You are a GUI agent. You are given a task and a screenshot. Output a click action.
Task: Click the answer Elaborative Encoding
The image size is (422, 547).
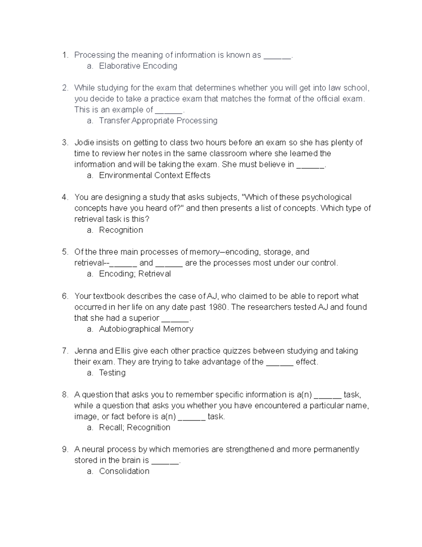click(138, 66)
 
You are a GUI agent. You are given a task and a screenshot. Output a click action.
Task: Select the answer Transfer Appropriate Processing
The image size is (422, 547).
click(158, 120)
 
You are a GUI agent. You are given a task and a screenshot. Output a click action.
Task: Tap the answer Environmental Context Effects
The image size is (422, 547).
click(154, 175)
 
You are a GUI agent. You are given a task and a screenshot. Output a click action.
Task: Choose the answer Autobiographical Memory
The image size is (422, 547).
click(146, 329)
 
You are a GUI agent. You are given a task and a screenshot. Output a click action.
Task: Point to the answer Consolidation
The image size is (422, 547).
click(124, 471)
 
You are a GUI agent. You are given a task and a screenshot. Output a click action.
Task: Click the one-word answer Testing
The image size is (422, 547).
click(112, 372)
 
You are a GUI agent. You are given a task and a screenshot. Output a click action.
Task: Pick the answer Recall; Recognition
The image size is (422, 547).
click(134, 427)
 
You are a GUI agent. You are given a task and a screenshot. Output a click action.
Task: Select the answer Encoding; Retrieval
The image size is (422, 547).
click(135, 274)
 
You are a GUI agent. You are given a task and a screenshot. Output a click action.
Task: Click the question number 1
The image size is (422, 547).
click(64, 55)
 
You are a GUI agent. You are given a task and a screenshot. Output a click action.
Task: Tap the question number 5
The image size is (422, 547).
click(64, 252)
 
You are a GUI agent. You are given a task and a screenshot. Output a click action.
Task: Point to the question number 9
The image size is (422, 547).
click(64, 449)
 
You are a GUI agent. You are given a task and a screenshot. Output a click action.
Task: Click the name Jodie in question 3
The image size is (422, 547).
click(84, 142)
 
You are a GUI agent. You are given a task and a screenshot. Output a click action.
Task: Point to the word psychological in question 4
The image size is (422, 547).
click(327, 197)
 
